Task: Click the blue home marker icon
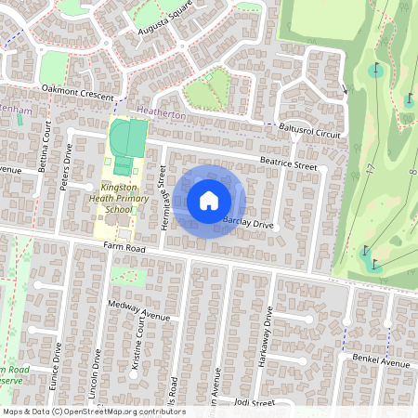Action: click(x=209, y=201)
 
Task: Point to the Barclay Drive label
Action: click(x=249, y=224)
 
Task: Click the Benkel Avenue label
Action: click(x=380, y=362)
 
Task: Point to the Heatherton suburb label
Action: click(x=160, y=113)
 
